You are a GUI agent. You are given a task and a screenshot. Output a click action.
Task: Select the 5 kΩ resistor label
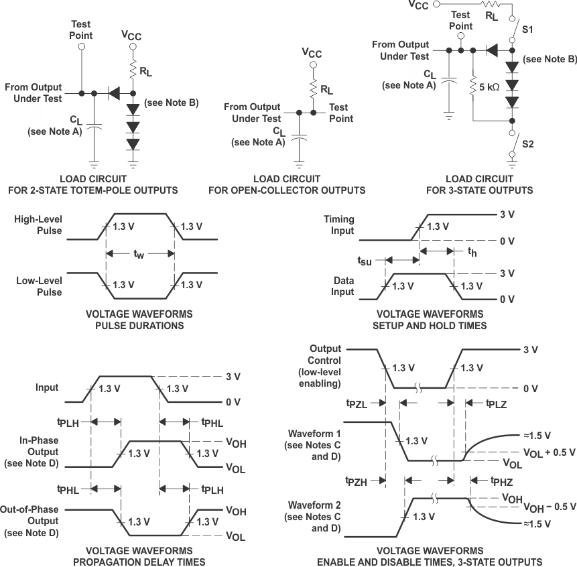(x=489, y=86)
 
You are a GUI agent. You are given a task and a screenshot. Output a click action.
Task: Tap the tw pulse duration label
(x=139, y=254)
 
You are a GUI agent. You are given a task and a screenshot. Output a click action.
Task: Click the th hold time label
(x=472, y=252)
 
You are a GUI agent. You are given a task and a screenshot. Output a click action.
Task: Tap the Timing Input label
(x=338, y=225)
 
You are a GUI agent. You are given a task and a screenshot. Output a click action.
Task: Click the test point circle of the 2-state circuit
(x=82, y=47)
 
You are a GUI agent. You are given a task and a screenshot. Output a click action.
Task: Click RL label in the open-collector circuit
(x=326, y=87)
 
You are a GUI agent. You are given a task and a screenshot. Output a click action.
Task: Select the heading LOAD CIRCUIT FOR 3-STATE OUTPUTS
(x=479, y=184)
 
